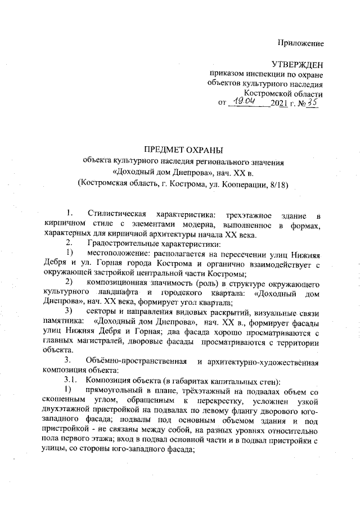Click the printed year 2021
click(x=279, y=104)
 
